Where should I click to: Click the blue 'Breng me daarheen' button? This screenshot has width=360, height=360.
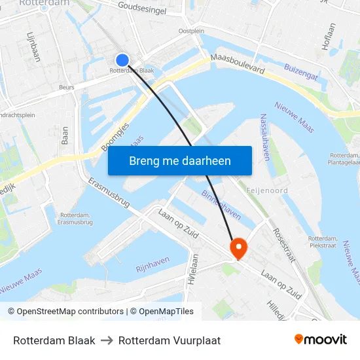coord(179,160)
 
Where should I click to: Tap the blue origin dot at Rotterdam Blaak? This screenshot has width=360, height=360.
coord(122,60)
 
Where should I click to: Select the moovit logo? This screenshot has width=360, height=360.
coord(321,340)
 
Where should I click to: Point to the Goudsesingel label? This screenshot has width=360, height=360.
coord(142,8)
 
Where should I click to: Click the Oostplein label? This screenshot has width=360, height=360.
coord(191,31)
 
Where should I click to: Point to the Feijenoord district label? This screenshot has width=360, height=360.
coord(266,190)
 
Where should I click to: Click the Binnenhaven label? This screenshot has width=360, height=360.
coord(222,201)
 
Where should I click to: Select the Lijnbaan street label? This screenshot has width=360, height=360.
coord(33,46)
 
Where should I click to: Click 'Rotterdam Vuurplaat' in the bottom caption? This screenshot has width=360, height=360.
coord(170,340)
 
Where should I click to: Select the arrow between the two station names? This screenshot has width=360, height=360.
coord(107,340)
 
